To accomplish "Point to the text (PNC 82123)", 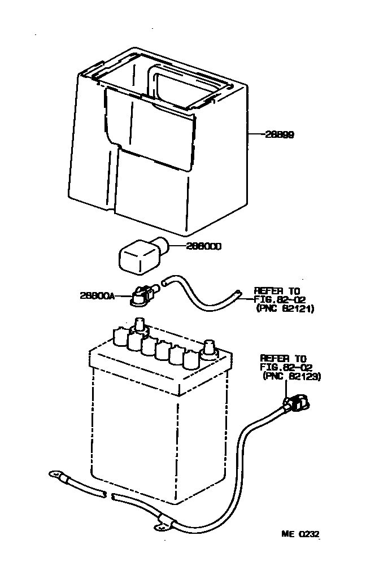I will tap(292, 376).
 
